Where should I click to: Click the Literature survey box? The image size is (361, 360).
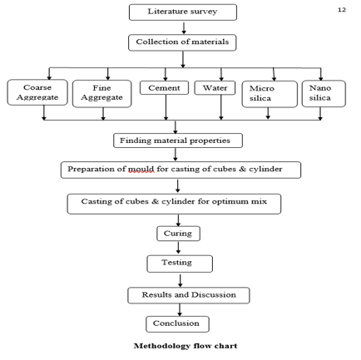tap(183, 12)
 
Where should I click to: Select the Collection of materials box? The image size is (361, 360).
tap(182, 42)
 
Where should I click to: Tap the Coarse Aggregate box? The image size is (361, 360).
tap(37, 92)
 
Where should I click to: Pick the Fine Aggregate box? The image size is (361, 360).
tap(101, 94)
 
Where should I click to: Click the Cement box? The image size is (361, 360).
tap(164, 88)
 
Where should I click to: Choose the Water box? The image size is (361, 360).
tap(215, 88)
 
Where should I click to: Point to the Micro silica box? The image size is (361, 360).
tap(270, 94)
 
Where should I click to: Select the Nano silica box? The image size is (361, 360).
tap(324, 94)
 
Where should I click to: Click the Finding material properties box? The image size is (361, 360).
tap(178, 141)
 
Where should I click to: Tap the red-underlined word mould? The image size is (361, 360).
tap(141, 169)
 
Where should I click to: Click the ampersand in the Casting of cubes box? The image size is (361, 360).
tap(155, 201)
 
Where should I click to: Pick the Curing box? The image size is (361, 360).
tap(178, 234)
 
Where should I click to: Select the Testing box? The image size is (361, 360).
tap(180, 264)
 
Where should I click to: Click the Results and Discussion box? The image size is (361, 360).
tap(189, 295)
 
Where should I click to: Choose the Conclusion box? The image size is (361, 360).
tap(177, 324)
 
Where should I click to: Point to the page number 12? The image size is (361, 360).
tap(342, 10)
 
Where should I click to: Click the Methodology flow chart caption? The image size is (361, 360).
tap(185, 346)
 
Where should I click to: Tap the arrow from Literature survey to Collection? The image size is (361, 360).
tap(184, 28)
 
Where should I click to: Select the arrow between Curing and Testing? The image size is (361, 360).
tap(178, 248)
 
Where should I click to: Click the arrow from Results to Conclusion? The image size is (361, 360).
tap(180, 310)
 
